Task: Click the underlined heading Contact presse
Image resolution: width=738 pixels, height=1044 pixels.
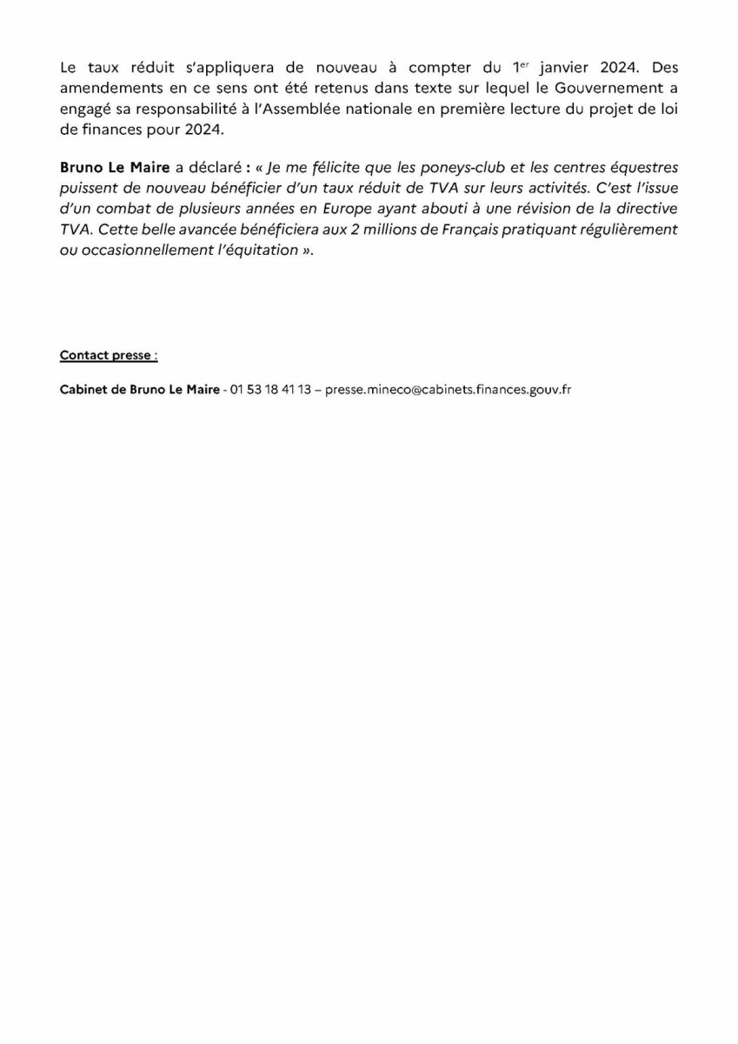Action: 109,355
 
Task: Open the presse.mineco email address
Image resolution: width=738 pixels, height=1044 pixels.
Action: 447,390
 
